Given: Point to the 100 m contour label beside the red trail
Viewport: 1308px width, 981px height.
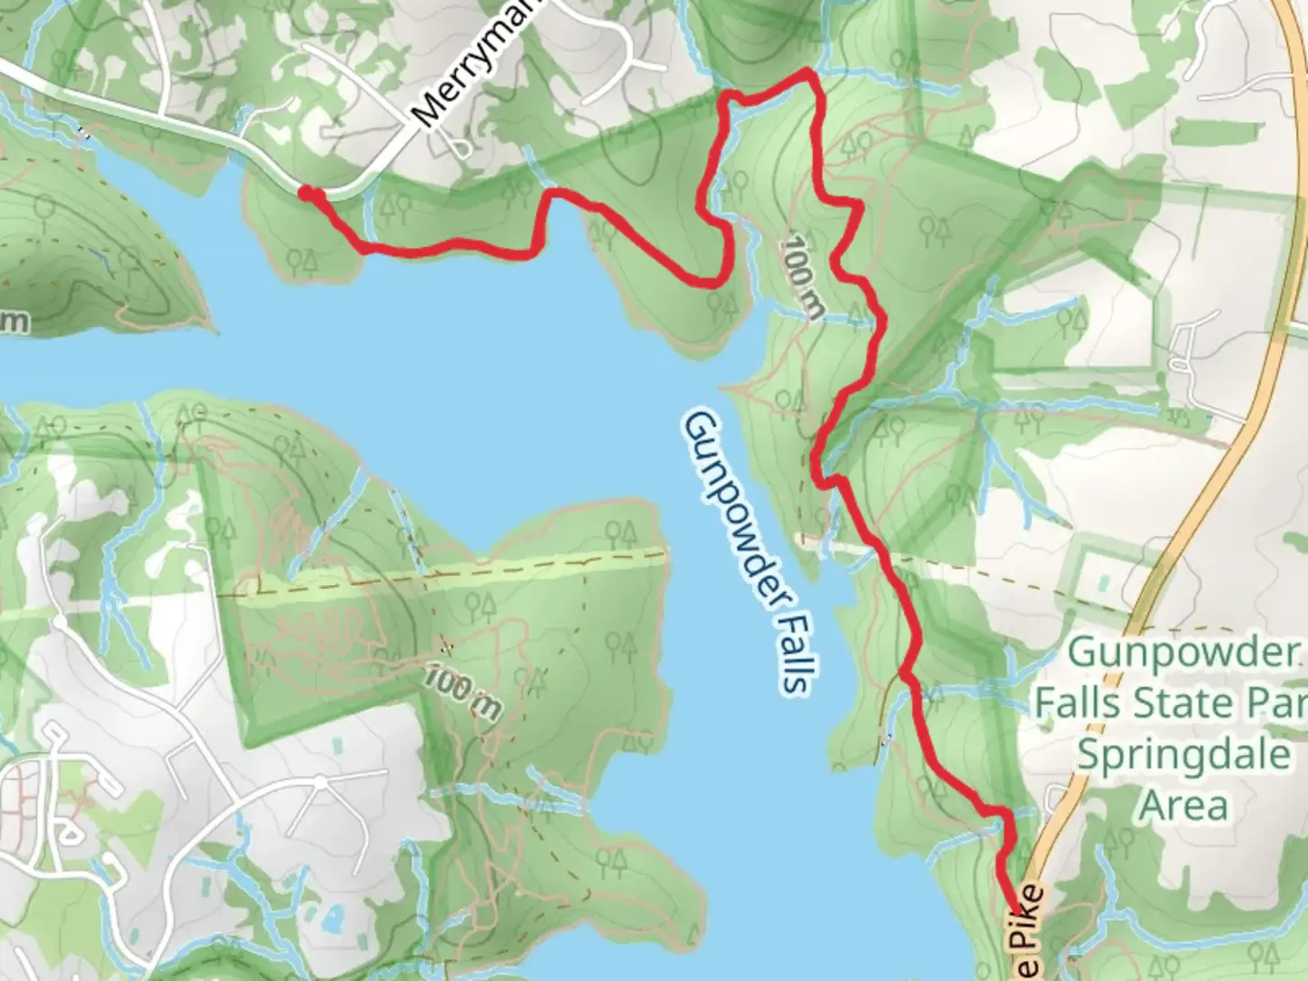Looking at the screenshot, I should point(804,276).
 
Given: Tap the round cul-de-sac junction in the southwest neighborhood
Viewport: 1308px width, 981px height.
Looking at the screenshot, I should point(321,781).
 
